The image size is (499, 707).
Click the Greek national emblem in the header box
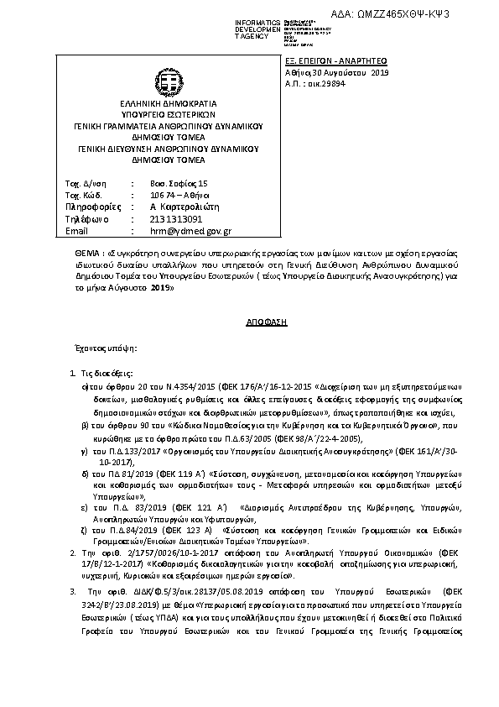[x=169, y=81]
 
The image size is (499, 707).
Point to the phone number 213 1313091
[x=176, y=218]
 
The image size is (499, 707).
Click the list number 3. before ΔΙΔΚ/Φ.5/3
[x=73, y=592]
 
